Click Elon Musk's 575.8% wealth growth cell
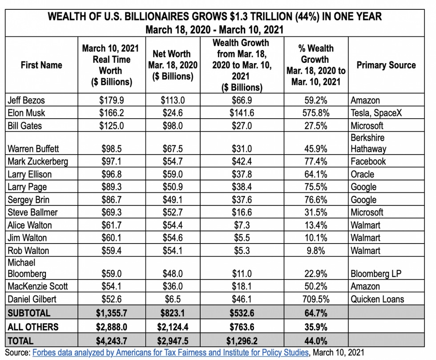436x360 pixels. click(x=316, y=113)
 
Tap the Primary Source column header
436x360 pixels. click(x=386, y=65)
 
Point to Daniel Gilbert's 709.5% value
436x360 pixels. click(x=316, y=299)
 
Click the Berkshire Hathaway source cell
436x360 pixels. click(x=368, y=143)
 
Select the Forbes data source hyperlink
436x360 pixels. click(x=170, y=352)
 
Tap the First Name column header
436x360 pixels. click(x=41, y=65)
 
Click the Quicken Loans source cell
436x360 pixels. click(x=377, y=299)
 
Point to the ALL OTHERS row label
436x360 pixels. click(x=33, y=327)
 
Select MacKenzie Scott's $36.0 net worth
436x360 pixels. click(x=173, y=286)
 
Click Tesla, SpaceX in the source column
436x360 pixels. click(x=376, y=113)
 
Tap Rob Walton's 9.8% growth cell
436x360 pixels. click(x=316, y=250)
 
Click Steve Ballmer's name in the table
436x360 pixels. click(x=32, y=212)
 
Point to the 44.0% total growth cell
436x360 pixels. click(x=316, y=341)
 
